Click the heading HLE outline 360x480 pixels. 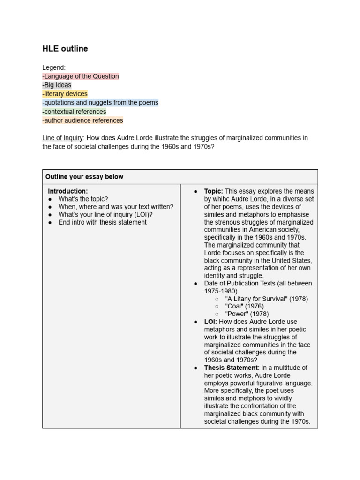click(x=65, y=49)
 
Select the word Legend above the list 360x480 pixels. click(x=53, y=67)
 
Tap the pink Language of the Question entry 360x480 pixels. click(x=81, y=76)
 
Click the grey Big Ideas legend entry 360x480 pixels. click(x=57, y=85)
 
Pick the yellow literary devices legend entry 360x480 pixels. click(x=65, y=94)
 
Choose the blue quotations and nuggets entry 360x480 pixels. click(x=100, y=103)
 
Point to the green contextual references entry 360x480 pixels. click(x=74, y=112)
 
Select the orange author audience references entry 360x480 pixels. click(x=82, y=120)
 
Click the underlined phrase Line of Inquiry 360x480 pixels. click(x=62, y=138)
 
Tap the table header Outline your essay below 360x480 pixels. click(x=84, y=177)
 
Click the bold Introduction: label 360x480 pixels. click(x=68, y=191)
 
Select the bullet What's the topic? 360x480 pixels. click(x=83, y=199)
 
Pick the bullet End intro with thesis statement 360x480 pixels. click(x=102, y=222)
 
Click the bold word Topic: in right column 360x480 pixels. click(x=213, y=191)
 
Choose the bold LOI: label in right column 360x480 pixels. click(x=210, y=322)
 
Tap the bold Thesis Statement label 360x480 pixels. click(x=231, y=367)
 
